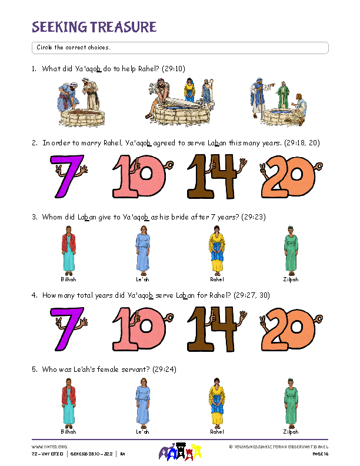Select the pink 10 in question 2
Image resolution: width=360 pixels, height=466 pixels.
[140, 176]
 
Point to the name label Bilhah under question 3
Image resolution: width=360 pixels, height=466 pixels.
[68, 279]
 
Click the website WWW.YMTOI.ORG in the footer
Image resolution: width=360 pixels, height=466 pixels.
[44, 447]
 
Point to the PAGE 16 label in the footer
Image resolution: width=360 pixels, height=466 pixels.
[319, 454]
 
